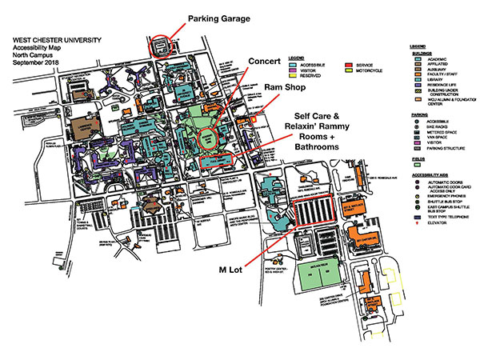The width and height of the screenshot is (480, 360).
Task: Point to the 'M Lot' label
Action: pos(230,270)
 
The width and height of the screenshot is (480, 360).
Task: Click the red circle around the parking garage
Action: pos(161,46)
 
